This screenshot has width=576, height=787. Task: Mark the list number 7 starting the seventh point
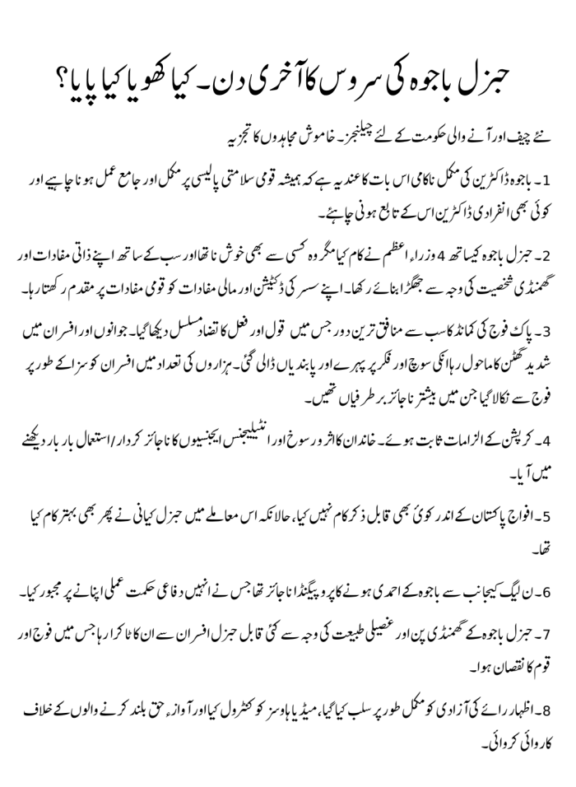click(x=557, y=649)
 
